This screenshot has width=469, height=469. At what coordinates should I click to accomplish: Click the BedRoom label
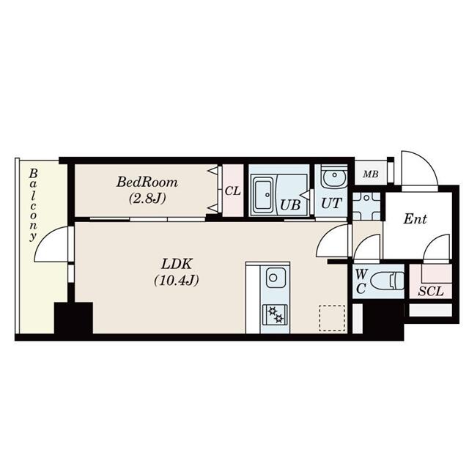click(147, 182)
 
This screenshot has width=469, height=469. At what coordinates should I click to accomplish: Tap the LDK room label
click(177, 263)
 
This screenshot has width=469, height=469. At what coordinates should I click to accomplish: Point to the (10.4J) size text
click(177, 279)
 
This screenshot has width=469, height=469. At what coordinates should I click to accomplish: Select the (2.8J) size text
click(147, 198)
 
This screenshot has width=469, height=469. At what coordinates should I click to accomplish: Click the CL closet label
click(233, 191)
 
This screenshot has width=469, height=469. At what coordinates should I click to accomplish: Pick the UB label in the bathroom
click(290, 204)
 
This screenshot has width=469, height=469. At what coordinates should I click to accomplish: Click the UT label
click(331, 204)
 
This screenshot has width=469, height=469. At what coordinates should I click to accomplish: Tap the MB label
click(371, 174)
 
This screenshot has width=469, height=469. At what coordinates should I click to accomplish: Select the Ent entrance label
click(415, 219)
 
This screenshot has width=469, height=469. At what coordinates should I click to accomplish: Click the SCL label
click(430, 291)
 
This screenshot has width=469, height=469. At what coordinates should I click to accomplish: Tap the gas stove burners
click(276, 314)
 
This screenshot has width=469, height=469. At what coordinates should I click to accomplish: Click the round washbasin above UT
click(332, 178)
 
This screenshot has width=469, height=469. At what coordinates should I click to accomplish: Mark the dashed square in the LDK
click(331, 317)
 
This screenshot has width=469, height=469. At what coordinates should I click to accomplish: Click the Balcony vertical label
click(34, 205)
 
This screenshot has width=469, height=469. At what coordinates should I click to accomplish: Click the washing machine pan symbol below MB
click(366, 206)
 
